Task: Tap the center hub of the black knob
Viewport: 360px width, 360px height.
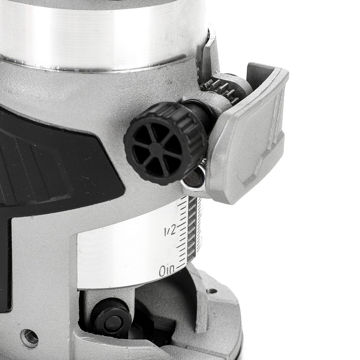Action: click(x=156, y=147)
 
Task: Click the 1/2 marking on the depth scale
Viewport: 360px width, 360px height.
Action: click(x=170, y=230)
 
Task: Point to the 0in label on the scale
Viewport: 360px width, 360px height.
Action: click(x=167, y=271)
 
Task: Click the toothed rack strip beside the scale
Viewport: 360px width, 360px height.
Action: click(x=193, y=229)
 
